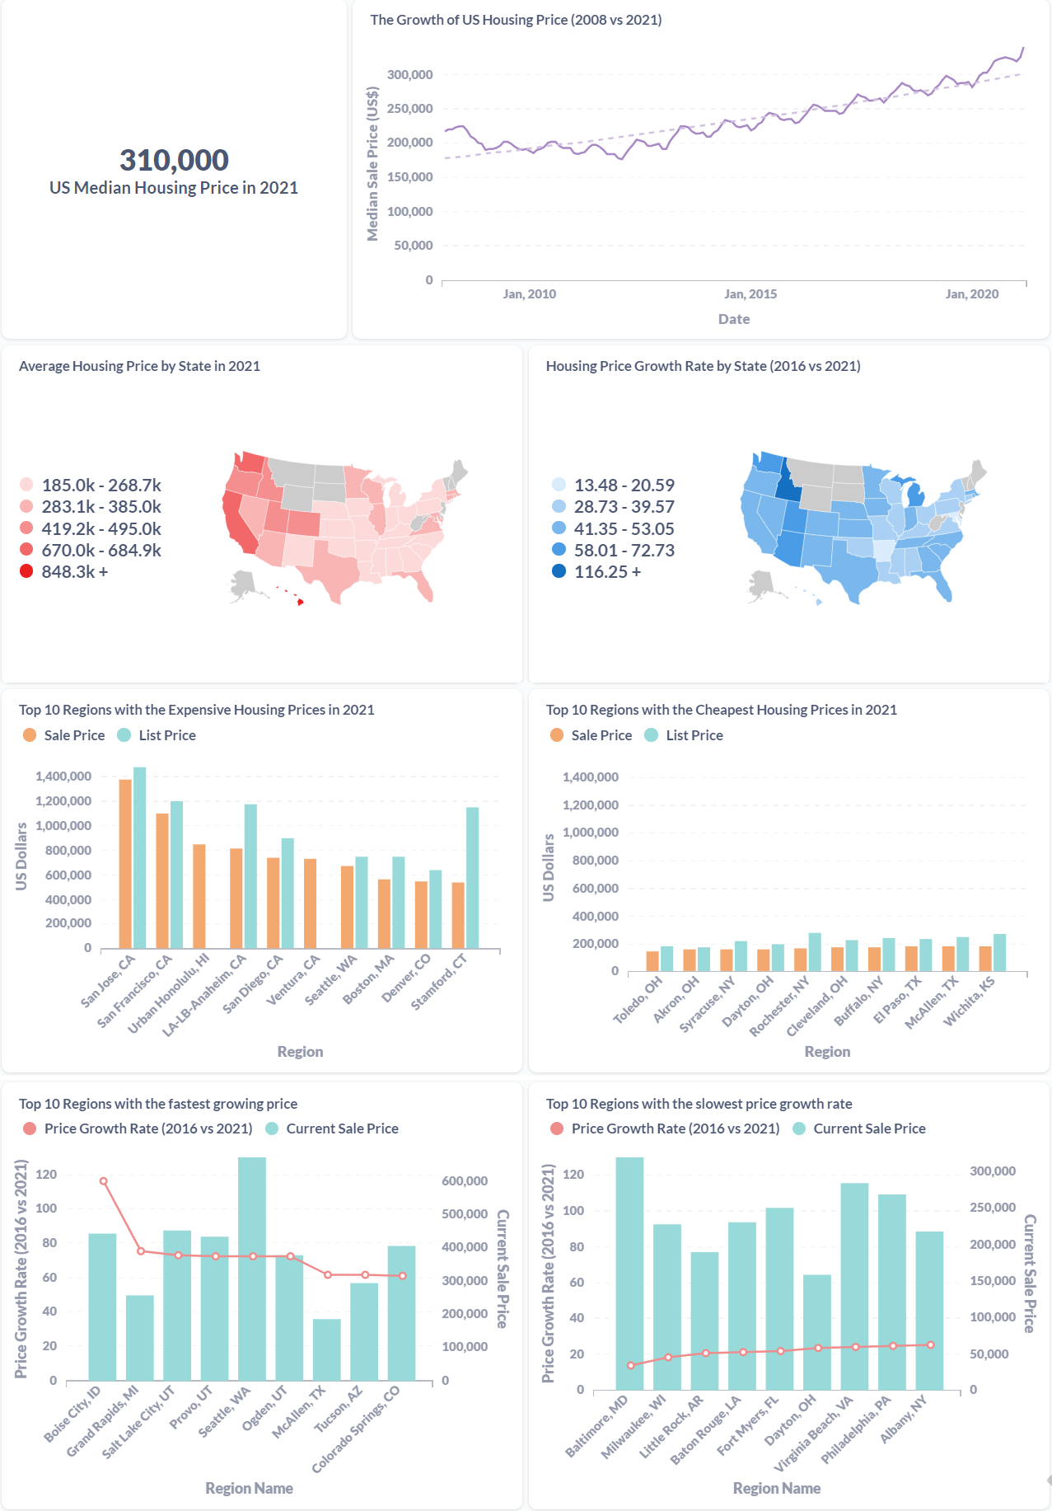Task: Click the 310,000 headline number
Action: [x=174, y=160]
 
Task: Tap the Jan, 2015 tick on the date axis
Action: [x=750, y=294]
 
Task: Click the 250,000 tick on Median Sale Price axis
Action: [x=409, y=109]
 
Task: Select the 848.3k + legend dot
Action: [x=26, y=571]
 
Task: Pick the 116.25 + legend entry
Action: [x=607, y=572]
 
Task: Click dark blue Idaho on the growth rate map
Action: [x=788, y=486]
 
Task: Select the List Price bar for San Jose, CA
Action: [x=140, y=857]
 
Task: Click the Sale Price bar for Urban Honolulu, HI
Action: [x=199, y=896]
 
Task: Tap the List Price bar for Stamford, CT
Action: [x=472, y=877]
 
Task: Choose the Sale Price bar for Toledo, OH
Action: [x=652, y=961]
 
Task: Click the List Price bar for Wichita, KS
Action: [x=999, y=953]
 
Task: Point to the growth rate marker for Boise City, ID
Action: [x=104, y=1181]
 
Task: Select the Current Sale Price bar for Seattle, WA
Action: [x=252, y=1269]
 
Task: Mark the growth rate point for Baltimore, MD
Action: [x=631, y=1365]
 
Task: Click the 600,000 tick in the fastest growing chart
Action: [x=465, y=1181]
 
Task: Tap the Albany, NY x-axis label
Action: [x=904, y=1418]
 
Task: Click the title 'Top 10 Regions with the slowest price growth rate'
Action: [x=699, y=1104]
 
